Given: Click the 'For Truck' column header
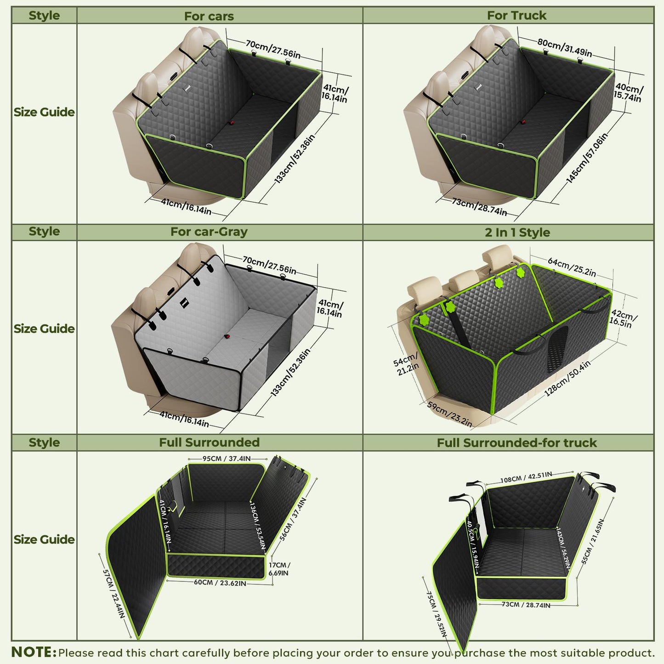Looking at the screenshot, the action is (x=516, y=16).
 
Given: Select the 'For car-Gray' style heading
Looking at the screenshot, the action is (x=209, y=232).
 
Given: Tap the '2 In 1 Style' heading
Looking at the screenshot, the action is (x=517, y=232).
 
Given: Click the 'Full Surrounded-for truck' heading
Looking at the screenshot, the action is (x=516, y=443).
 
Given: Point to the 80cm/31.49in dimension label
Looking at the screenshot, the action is (x=565, y=48).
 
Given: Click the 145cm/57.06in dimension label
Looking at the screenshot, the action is (x=587, y=158).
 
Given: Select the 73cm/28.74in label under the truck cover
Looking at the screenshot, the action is (x=479, y=207).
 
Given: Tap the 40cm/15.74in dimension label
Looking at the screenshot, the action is (x=629, y=92).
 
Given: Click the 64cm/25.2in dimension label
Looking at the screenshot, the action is (x=572, y=267).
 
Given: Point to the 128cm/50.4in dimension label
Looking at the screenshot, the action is (x=567, y=378).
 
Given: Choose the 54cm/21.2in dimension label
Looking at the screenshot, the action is (x=406, y=363).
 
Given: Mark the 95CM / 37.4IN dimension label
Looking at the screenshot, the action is (x=227, y=459).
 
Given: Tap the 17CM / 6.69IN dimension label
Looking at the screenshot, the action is (x=279, y=569).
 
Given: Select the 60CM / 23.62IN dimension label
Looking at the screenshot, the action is (x=220, y=583).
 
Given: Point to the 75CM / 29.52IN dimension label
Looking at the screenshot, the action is (x=437, y=614).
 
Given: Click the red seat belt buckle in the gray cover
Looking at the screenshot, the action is (x=227, y=336).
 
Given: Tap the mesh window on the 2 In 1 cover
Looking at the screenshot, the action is (x=557, y=349).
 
